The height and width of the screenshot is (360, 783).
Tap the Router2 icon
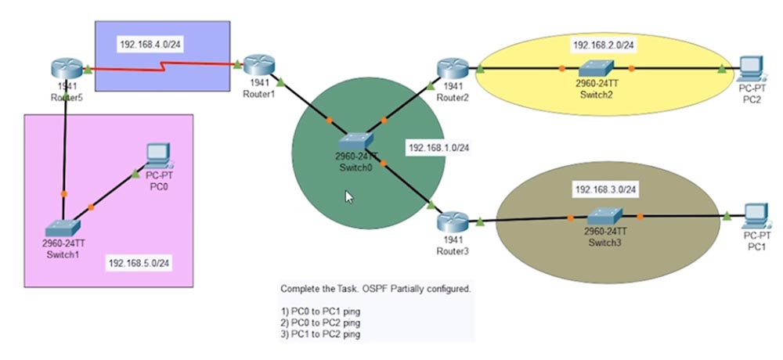pyautogui.click(x=451, y=69)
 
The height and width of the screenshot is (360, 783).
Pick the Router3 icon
pyautogui.click(x=452, y=222)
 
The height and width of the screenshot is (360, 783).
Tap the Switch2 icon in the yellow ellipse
pyautogui.click(x=597, y=69)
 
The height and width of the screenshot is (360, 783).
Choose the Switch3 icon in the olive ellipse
pyautogui.click(x=604, y=214)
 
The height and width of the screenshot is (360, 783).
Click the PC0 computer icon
pyautogui.click(x=159, y=157)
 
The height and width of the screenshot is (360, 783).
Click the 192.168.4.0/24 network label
pyautogui.click(x=150, y=45)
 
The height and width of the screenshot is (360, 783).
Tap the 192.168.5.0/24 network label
pyautogui.click(x=139, y=263)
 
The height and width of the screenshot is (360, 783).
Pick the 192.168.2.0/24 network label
pyautogui.click(x=604, y=45)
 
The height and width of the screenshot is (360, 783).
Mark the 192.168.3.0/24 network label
pyautogui.click(x=606, y=189)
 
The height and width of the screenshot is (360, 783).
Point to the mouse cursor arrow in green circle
pyautogui.click(x=349, y=197)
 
